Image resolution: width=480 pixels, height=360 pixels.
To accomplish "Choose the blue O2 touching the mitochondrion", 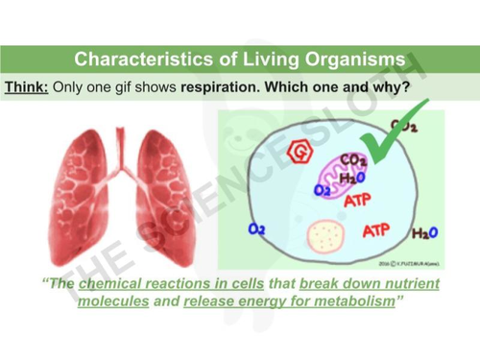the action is pyautogui.click(x=323, y=191).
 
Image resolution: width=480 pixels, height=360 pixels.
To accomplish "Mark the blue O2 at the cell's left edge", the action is pyautogui.click(x=257, y=229).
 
